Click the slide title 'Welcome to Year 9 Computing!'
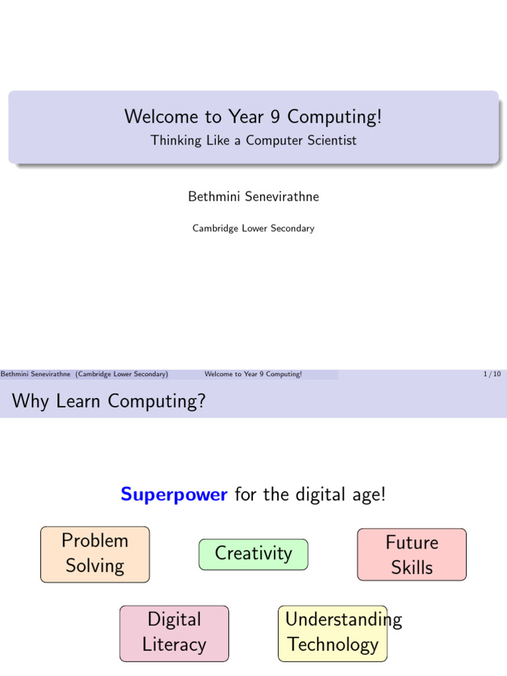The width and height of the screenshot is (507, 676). [x=253, y=117]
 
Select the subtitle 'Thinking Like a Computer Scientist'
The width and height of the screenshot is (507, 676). [x=253, y=141]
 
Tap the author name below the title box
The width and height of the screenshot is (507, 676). [x=253, y=197]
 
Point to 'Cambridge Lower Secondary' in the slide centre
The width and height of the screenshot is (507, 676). [x=253, y=228]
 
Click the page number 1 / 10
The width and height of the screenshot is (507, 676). [x=492, y=374]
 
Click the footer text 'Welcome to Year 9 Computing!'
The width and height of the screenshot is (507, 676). [x=253, y=374]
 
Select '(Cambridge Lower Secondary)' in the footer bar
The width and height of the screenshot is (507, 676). [x=121, y=374]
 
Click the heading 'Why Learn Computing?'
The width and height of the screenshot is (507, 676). [x=109, y=401]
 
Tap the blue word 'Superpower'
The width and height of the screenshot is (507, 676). [x=174, y=494]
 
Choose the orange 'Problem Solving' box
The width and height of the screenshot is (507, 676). [x=95, y=555]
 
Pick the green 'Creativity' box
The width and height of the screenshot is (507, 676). [x=253, y=555]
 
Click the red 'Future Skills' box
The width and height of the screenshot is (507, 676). [x=412, y=555]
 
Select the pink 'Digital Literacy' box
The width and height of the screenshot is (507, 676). [x=174, y=633]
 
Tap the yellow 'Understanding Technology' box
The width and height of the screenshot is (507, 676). [x=333, y=633]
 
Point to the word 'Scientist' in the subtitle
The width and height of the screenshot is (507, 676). [x=333, y=140]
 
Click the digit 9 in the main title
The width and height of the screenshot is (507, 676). [x=275, y=117]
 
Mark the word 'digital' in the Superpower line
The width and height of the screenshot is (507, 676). [x=320, y=494]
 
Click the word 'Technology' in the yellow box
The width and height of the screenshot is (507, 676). [x=333, y=645]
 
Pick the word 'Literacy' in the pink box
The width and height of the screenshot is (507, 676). [x=174, y=645]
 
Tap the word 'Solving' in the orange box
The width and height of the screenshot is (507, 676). [x=95, y=566]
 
